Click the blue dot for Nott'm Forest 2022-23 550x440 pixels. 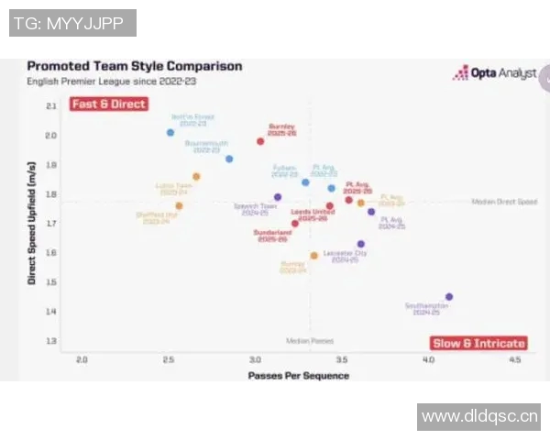[x=170, y=133]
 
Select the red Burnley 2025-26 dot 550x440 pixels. [x=260, y=141]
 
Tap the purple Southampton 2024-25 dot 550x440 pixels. [x=449, y=297]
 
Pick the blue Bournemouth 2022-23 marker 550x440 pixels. [x=229, y=159]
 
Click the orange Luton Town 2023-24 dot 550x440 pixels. [x=196, y=176]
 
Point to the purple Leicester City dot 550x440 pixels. [x=361, y=245]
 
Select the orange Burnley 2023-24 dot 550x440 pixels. [x=313, y=256]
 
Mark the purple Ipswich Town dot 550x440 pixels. [x=278, y=197]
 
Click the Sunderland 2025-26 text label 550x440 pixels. [x=273, y=236]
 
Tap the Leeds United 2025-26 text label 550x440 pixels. [x=313, y=214]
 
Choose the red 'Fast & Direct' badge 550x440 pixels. [x=109, y=104]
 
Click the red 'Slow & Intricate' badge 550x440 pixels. [x=478, y=343]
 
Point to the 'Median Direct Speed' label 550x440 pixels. [x=504, y=202]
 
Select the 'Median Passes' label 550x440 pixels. [x=310, y=340]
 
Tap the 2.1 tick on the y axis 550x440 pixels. [x=51, y=106]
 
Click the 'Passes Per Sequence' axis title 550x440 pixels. [x=298, y=375]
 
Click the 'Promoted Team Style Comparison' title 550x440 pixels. [x=135, y=66]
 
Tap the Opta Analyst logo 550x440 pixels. [x=494, y=72]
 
